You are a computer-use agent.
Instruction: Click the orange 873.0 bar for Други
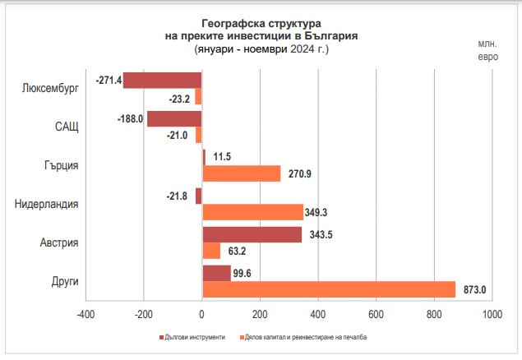[x=329, y=289]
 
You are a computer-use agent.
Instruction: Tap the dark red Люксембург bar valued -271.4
[x=162, y=80]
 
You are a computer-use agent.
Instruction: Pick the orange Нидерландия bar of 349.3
[x=252, y=211]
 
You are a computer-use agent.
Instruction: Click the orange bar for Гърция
[x=241, y=173]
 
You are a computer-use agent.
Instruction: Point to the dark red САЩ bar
[x=174, y=118]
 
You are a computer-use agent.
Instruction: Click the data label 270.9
[x=302, y=174]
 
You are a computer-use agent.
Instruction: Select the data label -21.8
[x=176, y=195]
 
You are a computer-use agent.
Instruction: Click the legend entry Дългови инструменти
[x=194, y=337]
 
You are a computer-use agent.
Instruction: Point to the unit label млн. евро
[x=487, y=49]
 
